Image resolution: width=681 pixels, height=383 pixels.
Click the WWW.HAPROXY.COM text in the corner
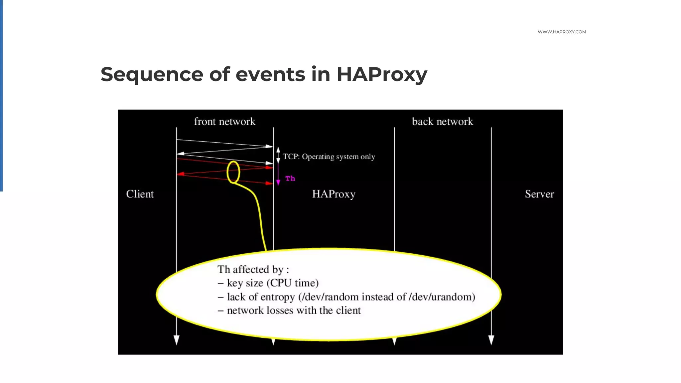point(562,32)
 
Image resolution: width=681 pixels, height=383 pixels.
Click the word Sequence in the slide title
point(152,74)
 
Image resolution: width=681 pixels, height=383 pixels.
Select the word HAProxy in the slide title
point(382,74)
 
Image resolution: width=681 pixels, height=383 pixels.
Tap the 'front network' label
point(224,122)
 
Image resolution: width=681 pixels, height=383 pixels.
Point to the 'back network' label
point(442,122)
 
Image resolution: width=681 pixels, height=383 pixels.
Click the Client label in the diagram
point(140,194)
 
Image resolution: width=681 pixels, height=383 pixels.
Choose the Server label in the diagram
point(539,194)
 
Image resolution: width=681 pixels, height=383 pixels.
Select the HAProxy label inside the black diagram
point(334,194)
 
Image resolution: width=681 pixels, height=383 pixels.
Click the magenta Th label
point(290,179)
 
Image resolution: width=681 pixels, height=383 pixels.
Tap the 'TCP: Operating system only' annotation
point(329,157)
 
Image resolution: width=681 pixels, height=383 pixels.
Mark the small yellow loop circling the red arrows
point(233,172)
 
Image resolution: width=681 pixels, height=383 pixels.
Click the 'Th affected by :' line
point(253,269)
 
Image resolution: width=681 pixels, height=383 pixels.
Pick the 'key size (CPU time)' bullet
point(272,283)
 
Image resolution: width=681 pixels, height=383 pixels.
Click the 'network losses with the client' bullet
point(293,311)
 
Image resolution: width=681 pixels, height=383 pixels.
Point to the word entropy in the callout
point(277,297)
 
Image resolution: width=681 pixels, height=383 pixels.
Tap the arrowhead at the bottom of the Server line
point(491,340)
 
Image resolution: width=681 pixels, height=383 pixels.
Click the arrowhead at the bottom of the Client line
point(177,340)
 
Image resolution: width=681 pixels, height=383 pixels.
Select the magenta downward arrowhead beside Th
point(278,182)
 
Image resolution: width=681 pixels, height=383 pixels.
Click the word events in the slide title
point(270,74)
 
